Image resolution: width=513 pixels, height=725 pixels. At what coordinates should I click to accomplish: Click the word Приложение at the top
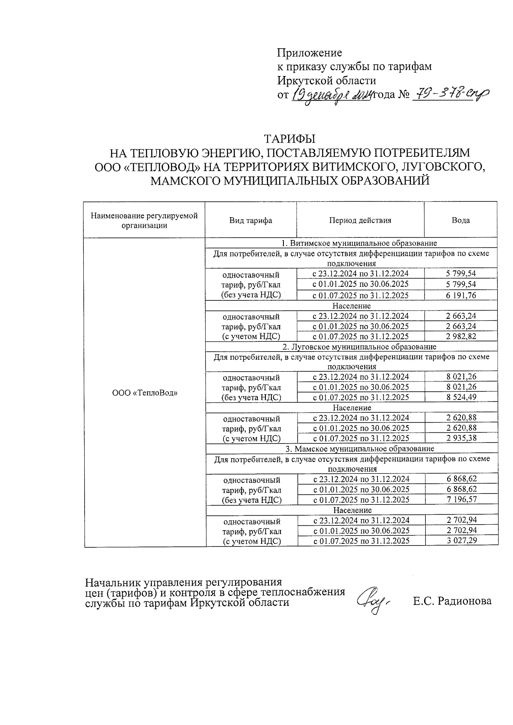(x=310, y=53)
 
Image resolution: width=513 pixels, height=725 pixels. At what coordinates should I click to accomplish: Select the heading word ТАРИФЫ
(x=290, y=140)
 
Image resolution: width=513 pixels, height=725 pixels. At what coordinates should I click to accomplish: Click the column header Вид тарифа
(x=251, y=220)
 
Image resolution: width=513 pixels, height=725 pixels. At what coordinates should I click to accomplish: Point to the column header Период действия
(x=360, y=220)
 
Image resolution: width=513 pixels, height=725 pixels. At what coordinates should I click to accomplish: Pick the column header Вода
(x=460, y=220)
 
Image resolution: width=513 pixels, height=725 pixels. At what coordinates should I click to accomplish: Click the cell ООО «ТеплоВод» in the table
(x=144, y=393)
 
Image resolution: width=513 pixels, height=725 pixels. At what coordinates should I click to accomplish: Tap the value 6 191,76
(x=461, y=295)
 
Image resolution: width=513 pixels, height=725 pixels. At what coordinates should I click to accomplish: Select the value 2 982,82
(x=461, y=336)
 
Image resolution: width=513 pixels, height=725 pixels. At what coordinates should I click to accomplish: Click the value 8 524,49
(x=461, y=397)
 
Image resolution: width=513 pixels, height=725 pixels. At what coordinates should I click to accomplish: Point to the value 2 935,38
(x=461, y=438)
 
